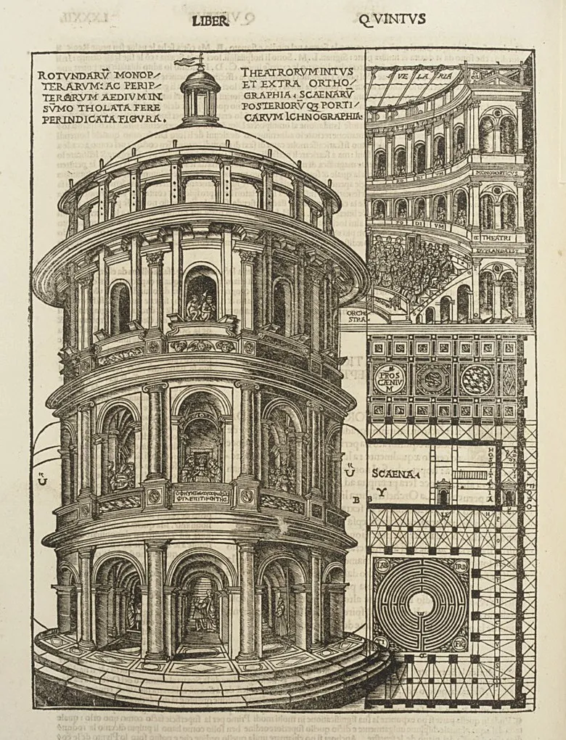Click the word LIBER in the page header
[x=210, y=21]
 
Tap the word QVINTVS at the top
[x=392, y=20]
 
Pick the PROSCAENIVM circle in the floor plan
[x=390, y=379]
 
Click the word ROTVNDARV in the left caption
[x=66, y=75]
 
